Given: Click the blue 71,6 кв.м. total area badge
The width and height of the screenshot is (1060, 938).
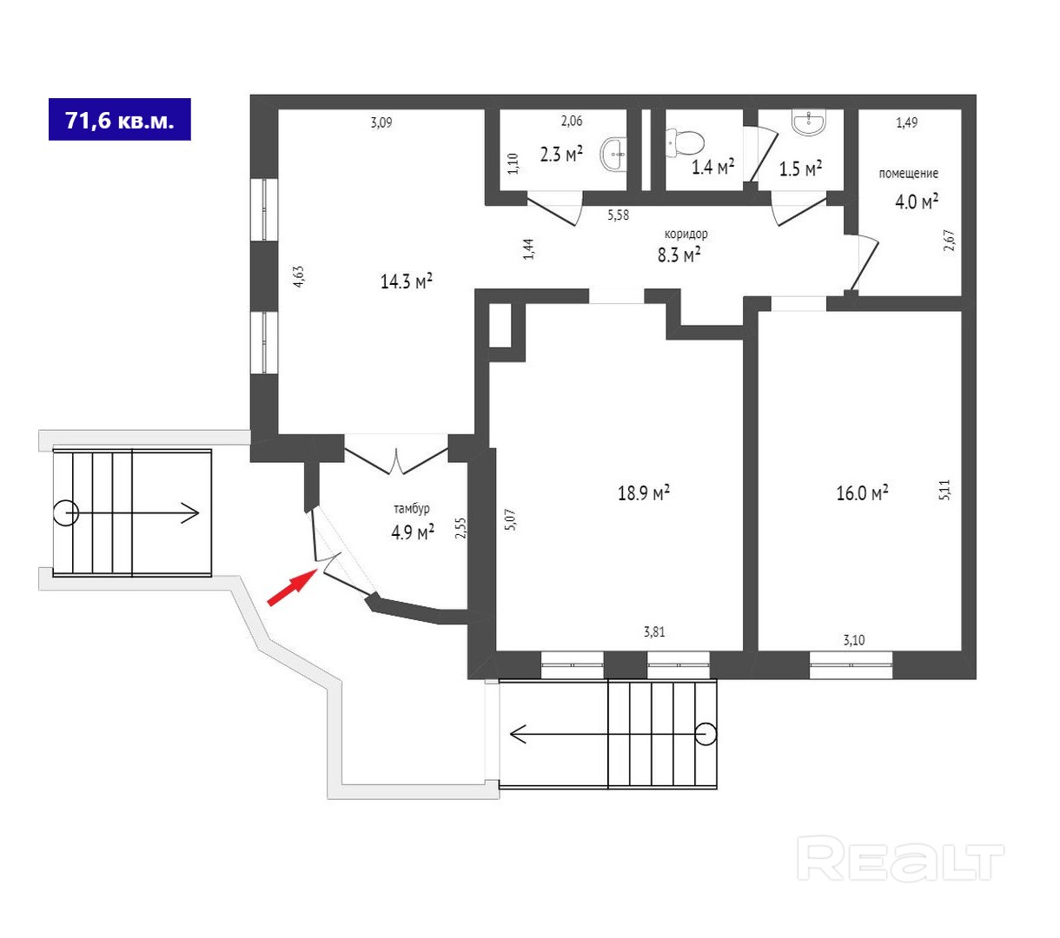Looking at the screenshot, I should (x=120, y=120).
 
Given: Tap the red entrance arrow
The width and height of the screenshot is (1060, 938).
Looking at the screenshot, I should (x=290, y=586).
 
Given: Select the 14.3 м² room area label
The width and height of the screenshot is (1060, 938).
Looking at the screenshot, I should (x=407, y=281).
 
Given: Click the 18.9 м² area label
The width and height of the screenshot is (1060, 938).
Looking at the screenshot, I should (x=643, y=493).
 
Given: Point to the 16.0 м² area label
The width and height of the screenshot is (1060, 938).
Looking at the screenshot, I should (x=861, y=493).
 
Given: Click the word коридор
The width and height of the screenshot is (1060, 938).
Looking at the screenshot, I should (x=686, y=234).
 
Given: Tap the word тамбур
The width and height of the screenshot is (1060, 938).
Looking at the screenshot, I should (x=411, y=509).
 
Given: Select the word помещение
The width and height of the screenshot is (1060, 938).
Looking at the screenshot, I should (x=908, y=174).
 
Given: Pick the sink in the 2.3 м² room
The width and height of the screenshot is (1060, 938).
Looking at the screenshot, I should (x=614, y=154).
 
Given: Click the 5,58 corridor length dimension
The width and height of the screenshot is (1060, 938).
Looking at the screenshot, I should (x=618, y=215).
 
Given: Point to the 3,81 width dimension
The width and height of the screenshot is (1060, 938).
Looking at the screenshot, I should (x=654, y=632).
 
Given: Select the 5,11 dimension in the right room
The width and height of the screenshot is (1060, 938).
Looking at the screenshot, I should (x=946, y=491).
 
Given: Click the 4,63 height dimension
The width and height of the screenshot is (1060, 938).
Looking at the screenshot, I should (x=298, y=275).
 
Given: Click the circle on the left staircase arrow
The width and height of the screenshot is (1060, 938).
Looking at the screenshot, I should (x=66, y=513).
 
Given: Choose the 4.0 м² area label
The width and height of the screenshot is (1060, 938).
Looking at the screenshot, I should (x=917, y=202).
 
